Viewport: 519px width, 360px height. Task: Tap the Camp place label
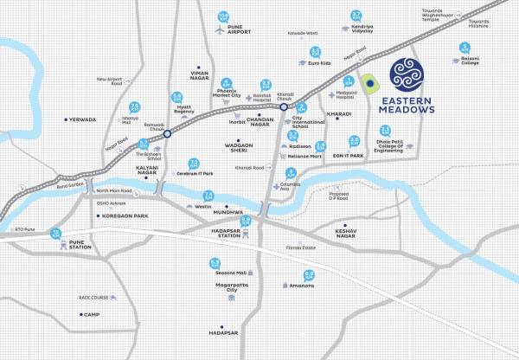pyautogui.click(x=92, y=314)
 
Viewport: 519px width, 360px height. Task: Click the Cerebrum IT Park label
pyautogui.click(x=195, y=173)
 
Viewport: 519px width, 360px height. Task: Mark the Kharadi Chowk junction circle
pyautogui.click(x=295, y=106)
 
